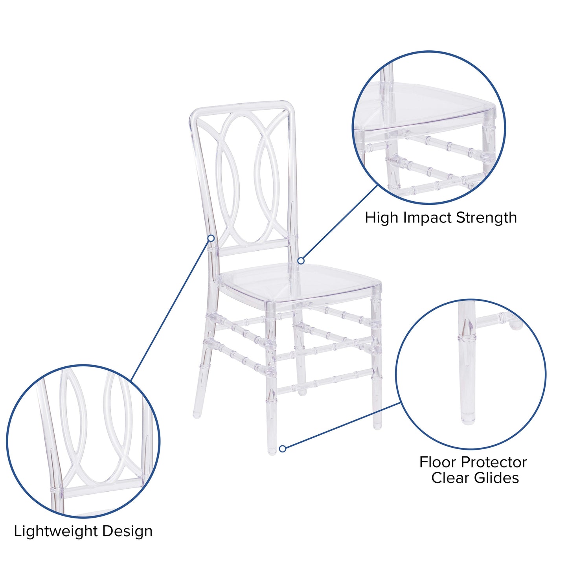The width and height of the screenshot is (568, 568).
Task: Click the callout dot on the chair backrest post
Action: tap(211, 238)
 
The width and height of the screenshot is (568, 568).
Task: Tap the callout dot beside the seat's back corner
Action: tap(301, 261)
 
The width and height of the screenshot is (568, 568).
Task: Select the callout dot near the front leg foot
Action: tap(282, 449)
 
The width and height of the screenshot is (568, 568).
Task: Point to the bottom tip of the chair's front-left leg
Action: tap(272, 452)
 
